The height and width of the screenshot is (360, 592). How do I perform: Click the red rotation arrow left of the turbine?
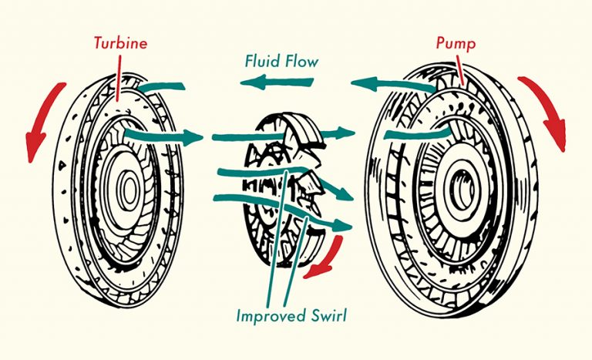39,124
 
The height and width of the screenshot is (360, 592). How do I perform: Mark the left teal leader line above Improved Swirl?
278,231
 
